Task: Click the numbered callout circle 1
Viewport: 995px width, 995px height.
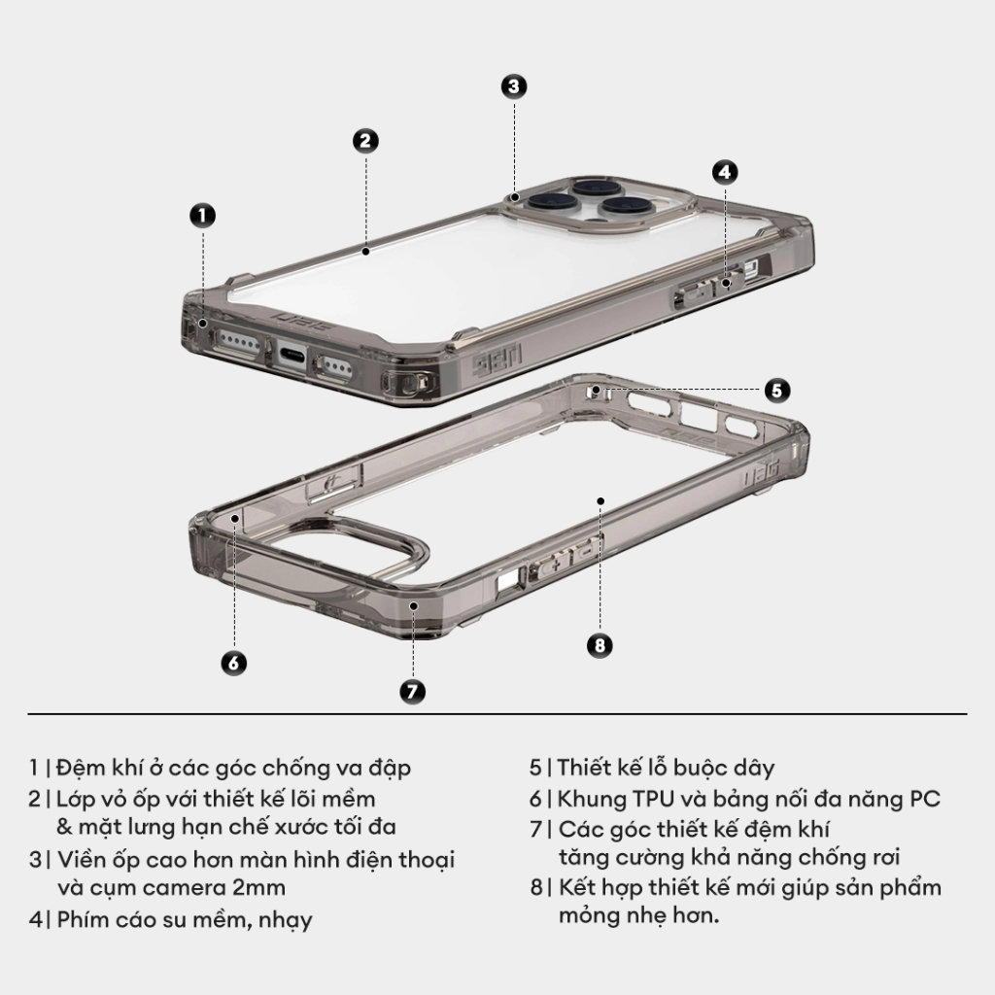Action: [201, 216]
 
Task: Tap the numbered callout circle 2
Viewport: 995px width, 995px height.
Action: [364, 141]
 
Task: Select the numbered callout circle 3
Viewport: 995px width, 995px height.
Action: [514, 86]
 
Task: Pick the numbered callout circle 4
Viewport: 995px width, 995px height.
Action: [724, 172]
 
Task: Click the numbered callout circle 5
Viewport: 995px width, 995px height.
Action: [775, 390]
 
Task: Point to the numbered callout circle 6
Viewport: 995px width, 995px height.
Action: [233, 663]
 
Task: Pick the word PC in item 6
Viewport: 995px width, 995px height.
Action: [924, 799]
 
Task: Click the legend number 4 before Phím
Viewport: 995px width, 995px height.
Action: [35, 919]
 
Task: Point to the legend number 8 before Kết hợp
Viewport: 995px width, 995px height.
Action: [535, 888]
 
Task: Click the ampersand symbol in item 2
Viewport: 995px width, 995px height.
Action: [65, 827]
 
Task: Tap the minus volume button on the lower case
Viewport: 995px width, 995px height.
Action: [586, 552]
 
